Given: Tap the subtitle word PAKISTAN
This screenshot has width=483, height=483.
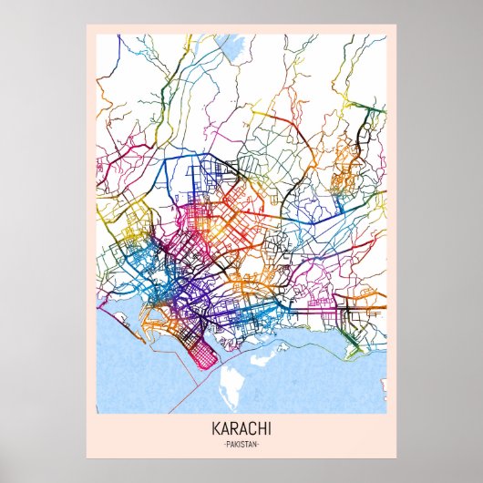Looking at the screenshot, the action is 241,444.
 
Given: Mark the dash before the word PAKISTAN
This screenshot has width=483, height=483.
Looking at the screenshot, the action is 222,444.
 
